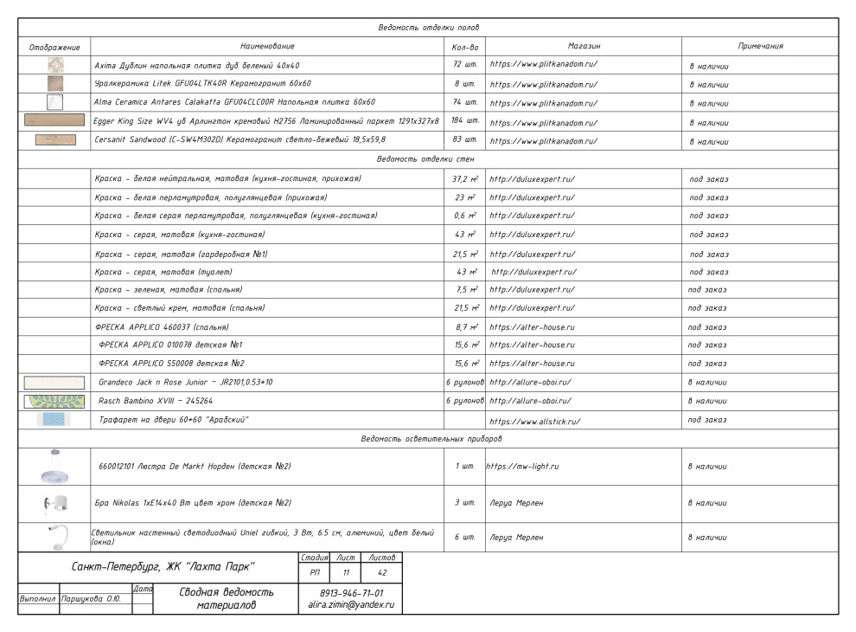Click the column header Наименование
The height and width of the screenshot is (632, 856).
coord(267,46)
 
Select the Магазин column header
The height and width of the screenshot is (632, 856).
coord(584,46)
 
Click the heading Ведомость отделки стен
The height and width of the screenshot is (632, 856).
coord(427,159)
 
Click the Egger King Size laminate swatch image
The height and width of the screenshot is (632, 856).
coord(54,120)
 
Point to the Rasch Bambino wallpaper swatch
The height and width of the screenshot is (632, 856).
coord(54,401)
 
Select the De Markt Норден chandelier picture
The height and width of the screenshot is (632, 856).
coord(54,468)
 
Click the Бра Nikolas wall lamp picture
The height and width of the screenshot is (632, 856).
coord(54,503)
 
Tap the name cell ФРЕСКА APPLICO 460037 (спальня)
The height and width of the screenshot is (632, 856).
coord(162,327)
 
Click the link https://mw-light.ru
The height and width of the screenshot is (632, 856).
coord(522,466)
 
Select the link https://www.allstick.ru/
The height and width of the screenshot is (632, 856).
coord(534,422)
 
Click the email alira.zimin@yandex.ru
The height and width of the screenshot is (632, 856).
coord(350,605)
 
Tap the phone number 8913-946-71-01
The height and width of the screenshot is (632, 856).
coord(350,593)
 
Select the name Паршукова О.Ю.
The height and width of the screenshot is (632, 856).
coord(90,598)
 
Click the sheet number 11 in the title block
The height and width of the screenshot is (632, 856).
coord(346,572)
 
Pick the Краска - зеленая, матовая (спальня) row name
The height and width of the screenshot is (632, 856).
coord(169,289)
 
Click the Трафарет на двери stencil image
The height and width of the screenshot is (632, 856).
coord(54,420)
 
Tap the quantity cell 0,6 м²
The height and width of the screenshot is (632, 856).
coord(465,216)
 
